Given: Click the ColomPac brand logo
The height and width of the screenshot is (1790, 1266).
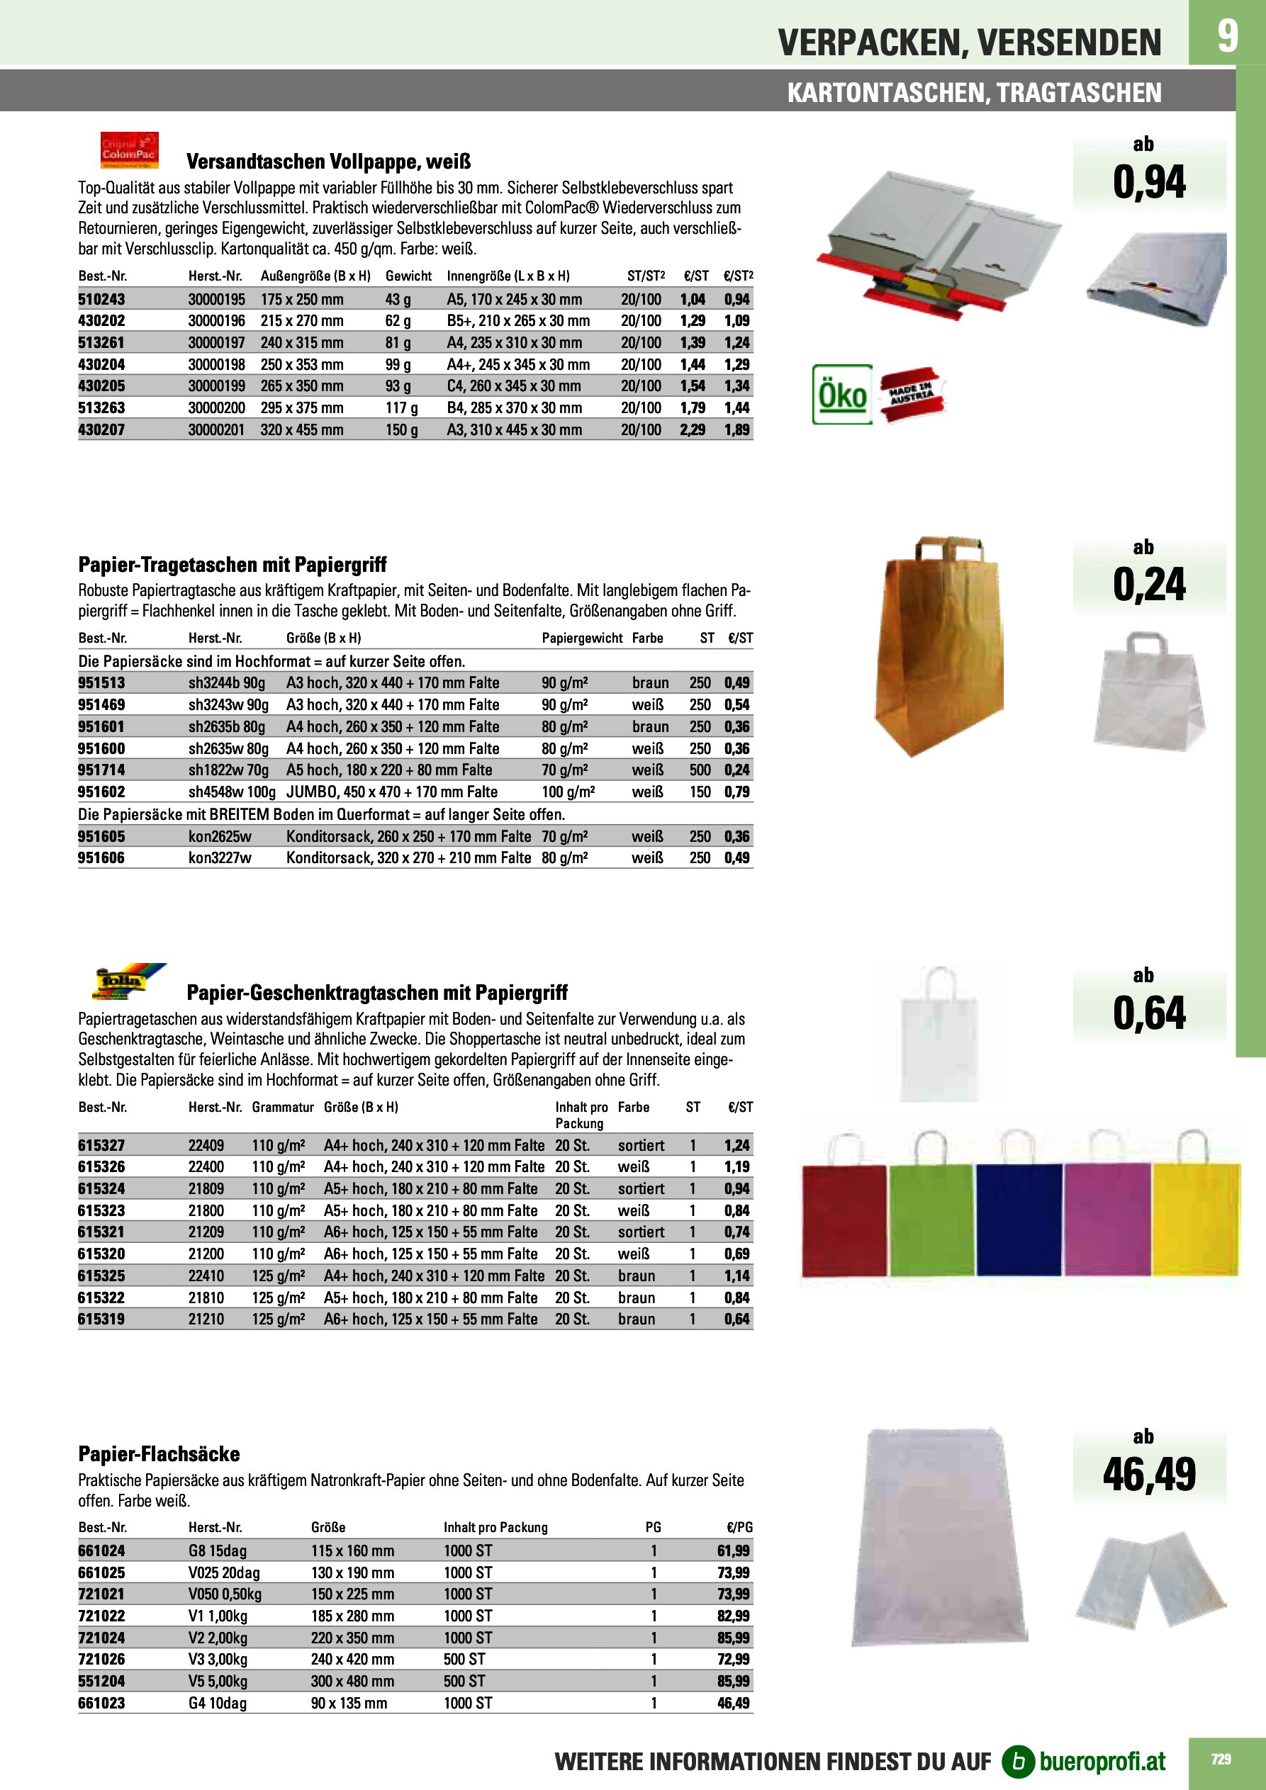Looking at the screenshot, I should [x=130, y=150].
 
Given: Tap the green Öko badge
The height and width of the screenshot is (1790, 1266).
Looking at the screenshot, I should [x=841, y=395].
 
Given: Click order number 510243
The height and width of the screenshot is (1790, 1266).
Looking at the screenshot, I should [x=101, y=299].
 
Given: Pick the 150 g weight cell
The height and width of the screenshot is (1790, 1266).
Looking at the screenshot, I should [x=402, y=429].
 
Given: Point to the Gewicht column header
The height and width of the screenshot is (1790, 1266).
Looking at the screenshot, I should [x=408, y=276].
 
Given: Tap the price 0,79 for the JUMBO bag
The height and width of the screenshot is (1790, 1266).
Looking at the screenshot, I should [x=736, y=792].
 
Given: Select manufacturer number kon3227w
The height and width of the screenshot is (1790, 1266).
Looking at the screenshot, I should [x=220, y=857].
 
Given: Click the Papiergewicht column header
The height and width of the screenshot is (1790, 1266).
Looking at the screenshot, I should [x=582, y=638].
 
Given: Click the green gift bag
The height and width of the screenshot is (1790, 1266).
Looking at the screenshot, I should [x=931, y=1212].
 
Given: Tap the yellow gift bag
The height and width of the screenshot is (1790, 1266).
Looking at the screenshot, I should [x=1196, y=1212].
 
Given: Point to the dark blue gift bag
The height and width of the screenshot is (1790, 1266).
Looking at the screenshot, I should [x=1019, y=1212].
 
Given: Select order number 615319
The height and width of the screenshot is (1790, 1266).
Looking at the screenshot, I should [x=101, y=1319].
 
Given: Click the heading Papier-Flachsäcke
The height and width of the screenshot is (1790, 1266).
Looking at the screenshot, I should [x=159, y=1454].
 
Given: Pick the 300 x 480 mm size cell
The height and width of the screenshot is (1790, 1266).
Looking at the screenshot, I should [x=352, y=1681].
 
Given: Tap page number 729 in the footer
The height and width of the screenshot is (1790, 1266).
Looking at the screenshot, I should [x=1221, y=1760].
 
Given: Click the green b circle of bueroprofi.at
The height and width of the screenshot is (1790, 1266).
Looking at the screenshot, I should [x=1017, y=1761].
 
